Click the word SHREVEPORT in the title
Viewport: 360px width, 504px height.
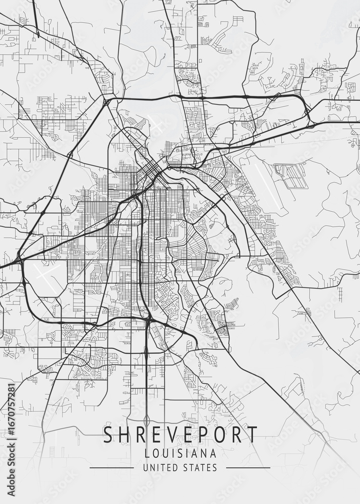pyautogui.click(x=180, y=435)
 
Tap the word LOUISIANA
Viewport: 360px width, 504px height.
pyautogui.click(x=180, y=453)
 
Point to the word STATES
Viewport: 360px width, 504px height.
pyautogui.click(x=200, y=468)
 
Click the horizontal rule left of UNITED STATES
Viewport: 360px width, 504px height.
pyautogui.click(x=111, y=468)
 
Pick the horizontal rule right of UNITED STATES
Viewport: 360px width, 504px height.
pyautogui.click(x=248, y=468)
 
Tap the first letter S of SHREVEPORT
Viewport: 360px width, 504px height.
pyautogui.click(x=107, y=435)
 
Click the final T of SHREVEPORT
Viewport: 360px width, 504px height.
pyautogui.click(x=252, y=435)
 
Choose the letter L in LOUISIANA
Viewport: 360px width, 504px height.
pyautogui.click(x=147, y=453)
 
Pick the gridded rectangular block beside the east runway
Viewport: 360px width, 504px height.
pyautogui.click(x=291, y=176)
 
